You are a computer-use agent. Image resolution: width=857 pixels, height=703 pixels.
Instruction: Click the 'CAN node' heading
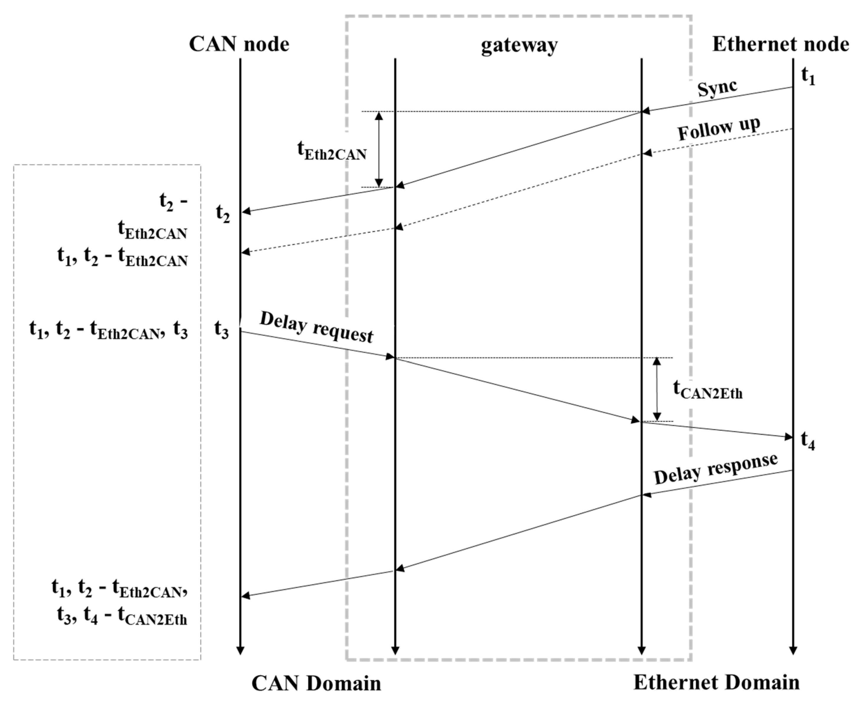pos(239,44)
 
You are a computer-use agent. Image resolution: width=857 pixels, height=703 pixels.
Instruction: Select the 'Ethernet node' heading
pos(780,44)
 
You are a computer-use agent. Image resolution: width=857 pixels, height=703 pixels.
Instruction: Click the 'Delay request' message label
pos(317,327)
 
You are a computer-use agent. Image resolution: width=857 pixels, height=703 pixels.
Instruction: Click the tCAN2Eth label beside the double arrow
pos(708,390)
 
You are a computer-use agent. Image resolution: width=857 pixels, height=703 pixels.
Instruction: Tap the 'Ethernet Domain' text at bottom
pos(716,682)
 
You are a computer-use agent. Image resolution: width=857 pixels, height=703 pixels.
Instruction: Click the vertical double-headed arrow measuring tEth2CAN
pos(379,149)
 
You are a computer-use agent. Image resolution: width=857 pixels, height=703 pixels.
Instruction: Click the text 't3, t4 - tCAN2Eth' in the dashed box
pos(122,618)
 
